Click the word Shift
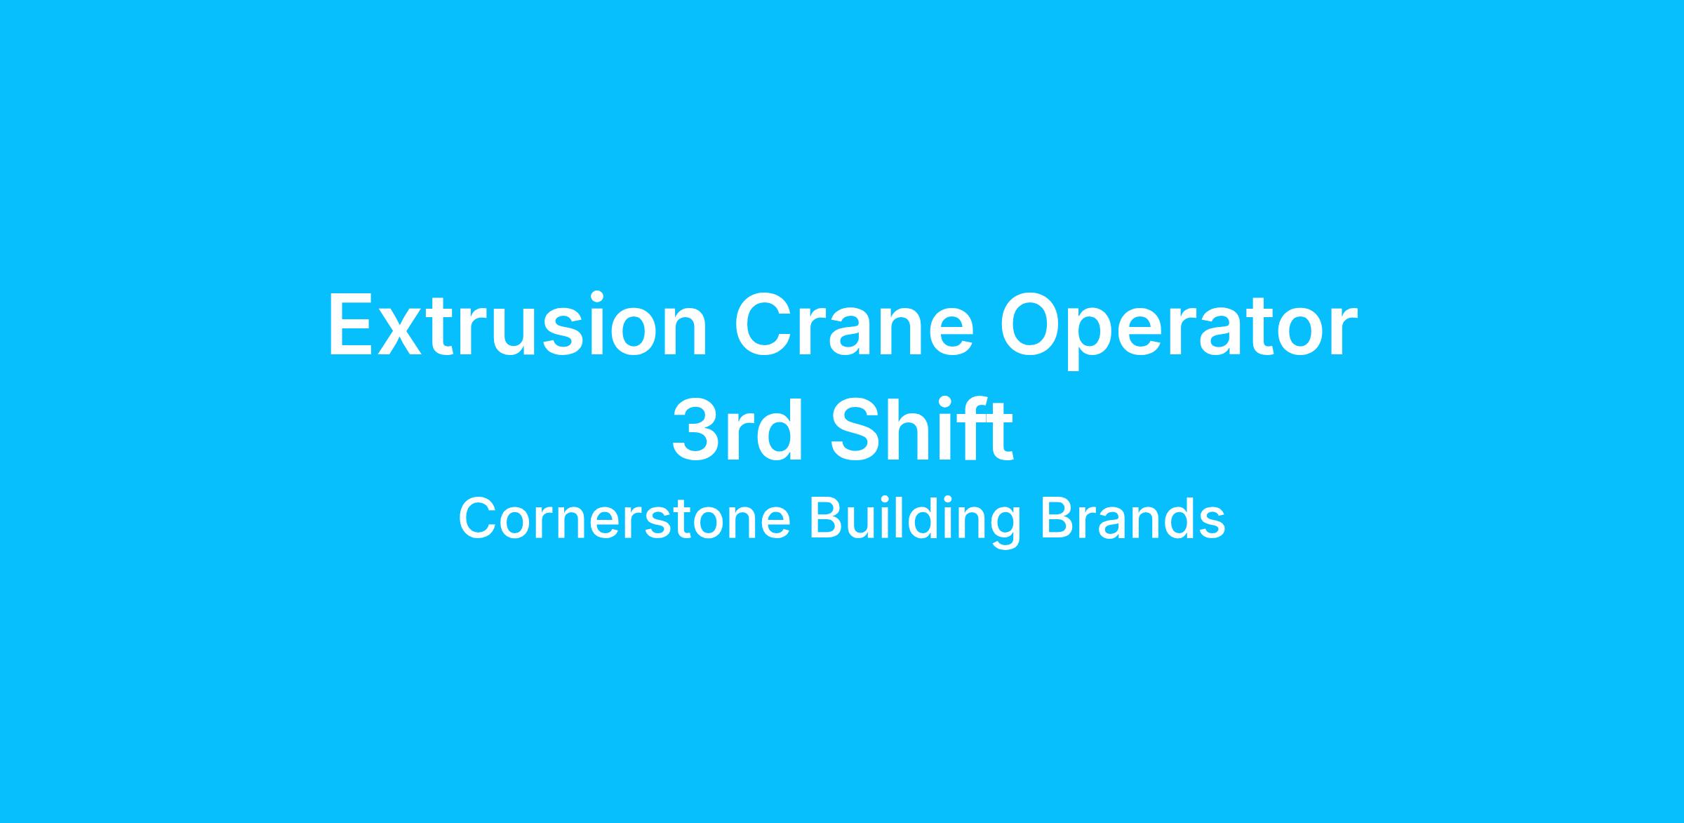coord(922,429)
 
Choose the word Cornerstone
coord(624,519)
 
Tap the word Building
coord(916,523)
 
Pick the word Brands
coord(1132,518)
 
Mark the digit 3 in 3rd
coord(696,429)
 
